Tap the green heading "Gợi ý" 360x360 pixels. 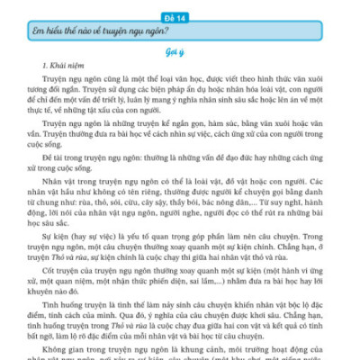(180, 53)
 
